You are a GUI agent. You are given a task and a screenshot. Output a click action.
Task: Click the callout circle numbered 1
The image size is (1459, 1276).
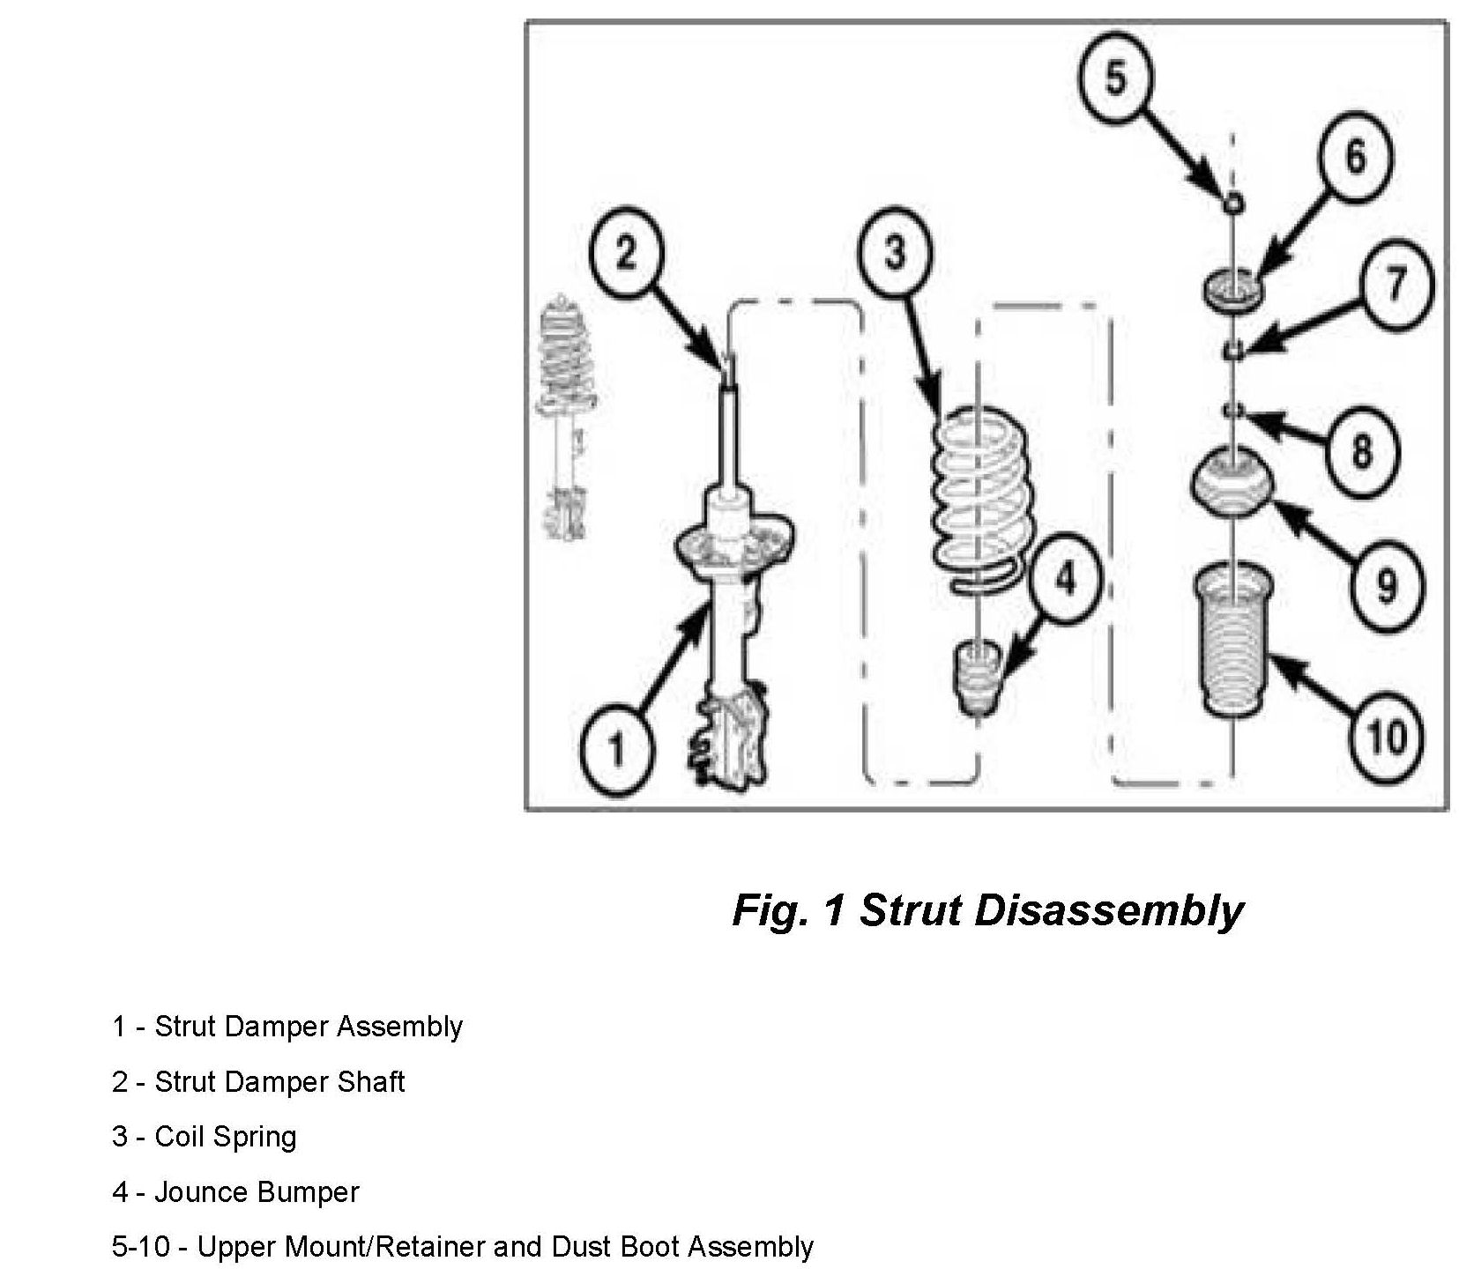pos(616,750)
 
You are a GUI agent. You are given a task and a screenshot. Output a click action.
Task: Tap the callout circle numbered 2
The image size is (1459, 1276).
pos(626,255)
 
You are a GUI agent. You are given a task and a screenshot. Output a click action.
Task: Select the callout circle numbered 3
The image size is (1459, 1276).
pos(894,253)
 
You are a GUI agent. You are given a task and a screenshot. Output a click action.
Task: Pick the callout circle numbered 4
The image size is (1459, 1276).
pos(1066,579)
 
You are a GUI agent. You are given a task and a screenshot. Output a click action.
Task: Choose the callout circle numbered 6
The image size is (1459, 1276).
pos(1355,157)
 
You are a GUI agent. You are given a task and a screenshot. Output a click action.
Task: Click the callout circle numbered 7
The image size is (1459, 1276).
pos(1396,284)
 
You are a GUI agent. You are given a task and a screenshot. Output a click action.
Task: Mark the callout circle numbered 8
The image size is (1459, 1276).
pos(1362,451)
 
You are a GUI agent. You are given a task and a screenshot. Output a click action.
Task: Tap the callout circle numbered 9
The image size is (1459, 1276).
pos(1385,584)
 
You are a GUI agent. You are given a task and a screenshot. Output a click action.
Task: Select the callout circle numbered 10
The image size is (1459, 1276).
pos(1387,735)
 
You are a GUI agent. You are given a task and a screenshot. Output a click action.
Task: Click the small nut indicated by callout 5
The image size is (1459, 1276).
pos(1234,202)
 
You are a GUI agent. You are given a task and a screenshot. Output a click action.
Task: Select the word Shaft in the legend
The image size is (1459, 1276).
pos(371,1082)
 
